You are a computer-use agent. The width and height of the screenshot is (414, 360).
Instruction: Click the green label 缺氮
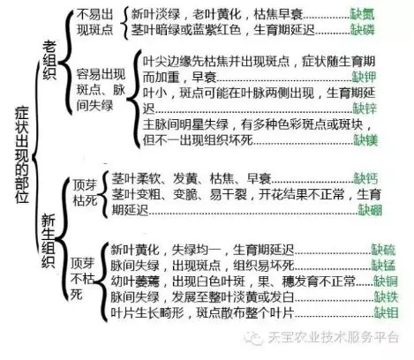coord(362,14)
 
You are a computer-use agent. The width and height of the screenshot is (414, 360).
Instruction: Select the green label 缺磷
coord(362,30)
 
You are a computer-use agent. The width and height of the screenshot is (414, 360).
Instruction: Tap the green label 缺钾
coord(365,77)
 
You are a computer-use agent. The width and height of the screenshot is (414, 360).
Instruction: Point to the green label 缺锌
coord(365,109)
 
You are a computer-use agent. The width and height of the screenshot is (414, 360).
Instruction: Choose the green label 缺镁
coord(365,140)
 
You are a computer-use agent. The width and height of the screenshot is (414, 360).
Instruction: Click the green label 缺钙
coord(365,178)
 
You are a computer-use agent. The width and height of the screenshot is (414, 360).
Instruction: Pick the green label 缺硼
coord(370,210)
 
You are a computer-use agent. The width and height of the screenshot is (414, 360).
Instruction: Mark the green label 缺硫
coord(383,250)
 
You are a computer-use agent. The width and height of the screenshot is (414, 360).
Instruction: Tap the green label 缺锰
coord(383,266)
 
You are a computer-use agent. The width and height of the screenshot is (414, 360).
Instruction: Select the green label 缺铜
coord(386,281)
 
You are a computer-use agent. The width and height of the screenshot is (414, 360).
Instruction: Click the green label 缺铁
coord(386,296)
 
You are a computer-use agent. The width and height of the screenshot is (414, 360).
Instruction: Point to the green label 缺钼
coord(386,312)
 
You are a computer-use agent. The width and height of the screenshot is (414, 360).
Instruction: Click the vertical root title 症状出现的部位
coord(22,155)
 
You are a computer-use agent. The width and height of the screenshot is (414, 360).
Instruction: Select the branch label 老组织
coord(49,60)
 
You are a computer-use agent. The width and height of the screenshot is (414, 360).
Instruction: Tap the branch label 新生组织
coord(48,241)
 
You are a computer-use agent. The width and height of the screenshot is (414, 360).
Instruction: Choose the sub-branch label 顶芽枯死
coord(85,193)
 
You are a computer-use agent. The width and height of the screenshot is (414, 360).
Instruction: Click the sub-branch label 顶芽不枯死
coord(82,279)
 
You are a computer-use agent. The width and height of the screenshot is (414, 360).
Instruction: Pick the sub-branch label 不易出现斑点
coord(94,22)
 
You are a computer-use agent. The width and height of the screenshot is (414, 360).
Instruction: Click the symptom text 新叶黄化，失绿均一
coord(165,250)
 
